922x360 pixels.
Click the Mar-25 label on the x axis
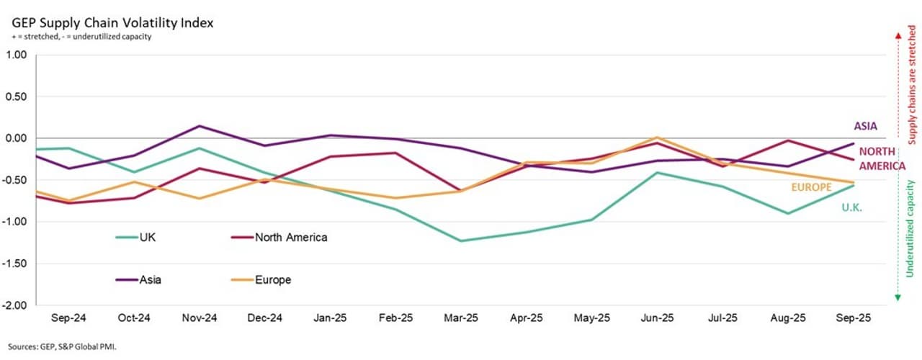coord(461,318)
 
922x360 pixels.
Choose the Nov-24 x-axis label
coord(200,318)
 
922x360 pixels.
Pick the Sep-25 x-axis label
coord(854,318)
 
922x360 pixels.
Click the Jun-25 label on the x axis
coord(657,318)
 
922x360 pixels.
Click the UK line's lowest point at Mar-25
coord(461,240)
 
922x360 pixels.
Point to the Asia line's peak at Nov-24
coord(200,126)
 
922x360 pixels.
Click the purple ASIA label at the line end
coord(865,126)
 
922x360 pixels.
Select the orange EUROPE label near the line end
coord(811,186)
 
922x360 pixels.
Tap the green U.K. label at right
coord(851,207)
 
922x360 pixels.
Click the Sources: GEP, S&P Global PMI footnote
coord(63,346)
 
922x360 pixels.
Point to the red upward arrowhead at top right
coord(898,35)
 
